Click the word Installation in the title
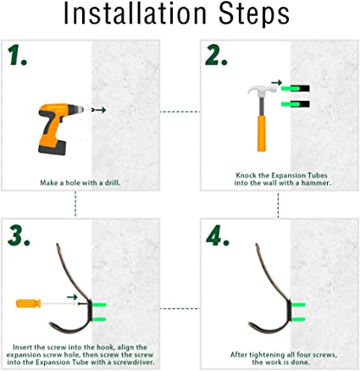[x=136, y=14]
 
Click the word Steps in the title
[x=254, y=14]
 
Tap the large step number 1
[x=18, y=56]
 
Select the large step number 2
[x=216, y=56]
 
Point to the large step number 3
[x=19, y=235]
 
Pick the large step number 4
[x=218, y=235]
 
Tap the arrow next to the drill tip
[x=100, y=110]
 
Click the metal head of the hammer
[x=262, y=91]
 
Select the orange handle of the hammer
[x=262, y=133]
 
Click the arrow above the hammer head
[x=277, y=83]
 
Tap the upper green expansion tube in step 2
[x=291, y=89]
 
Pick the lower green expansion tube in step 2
[x=291, y=104]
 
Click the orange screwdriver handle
[x=29, y=303]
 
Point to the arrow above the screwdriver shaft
[x=72, y=297]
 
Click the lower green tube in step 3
[x=99, y=319]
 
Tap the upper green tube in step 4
[x=298, y=305]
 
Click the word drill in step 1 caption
[x=113, y=183]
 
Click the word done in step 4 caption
[x=301, y=362]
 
